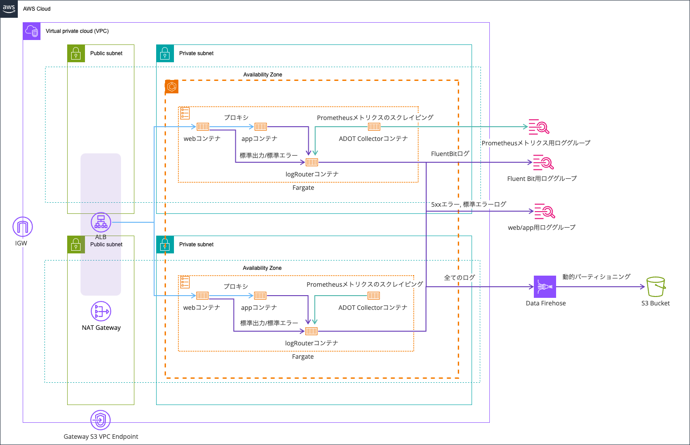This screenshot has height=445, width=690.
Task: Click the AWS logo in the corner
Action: pyautogui.click(x=9, y=8)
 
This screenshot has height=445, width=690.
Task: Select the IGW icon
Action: pyautogui.click(x=22, y=227)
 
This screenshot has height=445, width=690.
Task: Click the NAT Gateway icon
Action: pyautogui.click(x=101, y=311)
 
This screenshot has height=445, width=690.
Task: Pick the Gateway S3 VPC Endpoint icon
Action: pyautogui.click(x=101, y=420)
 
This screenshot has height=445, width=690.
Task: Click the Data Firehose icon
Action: pyautogui.click(x=545, y=287)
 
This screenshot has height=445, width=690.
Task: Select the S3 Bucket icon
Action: pyautogui.click(x=656, y=287)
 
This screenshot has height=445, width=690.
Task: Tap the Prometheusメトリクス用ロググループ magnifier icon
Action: pyautogui.click(x=539, y=127)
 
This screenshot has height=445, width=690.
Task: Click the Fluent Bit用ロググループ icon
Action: pyautogui.click(x=543, y=163)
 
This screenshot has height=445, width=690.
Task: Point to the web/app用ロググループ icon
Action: pyautogui.click(x=545, y=212)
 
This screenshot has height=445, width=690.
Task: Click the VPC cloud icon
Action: pyautogui.click(x=32, y=31)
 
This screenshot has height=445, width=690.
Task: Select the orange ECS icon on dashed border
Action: pyautogui.click(x=172, y=87)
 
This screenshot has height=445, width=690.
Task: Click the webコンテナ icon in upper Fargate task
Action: pyautogui.click(x=203, y=127)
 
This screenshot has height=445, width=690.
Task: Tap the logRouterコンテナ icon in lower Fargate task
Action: pyautogui.click(x=311, y=331)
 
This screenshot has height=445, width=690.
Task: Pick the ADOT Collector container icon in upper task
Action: pyautogui.click(x=374, y=127)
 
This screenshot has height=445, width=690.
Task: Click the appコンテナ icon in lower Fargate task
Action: pyautogui.click(x=260, y=296)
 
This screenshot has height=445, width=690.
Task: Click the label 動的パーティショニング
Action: pyautogui.click(x=596, y=277)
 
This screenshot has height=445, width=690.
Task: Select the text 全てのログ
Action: pyautogui.click(x=459, y=277)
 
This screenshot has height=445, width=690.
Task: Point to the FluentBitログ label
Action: pyautogui.click(x=450, y=154)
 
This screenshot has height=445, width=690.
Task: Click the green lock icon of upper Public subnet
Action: pyautogui.click(x=76, y=53)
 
